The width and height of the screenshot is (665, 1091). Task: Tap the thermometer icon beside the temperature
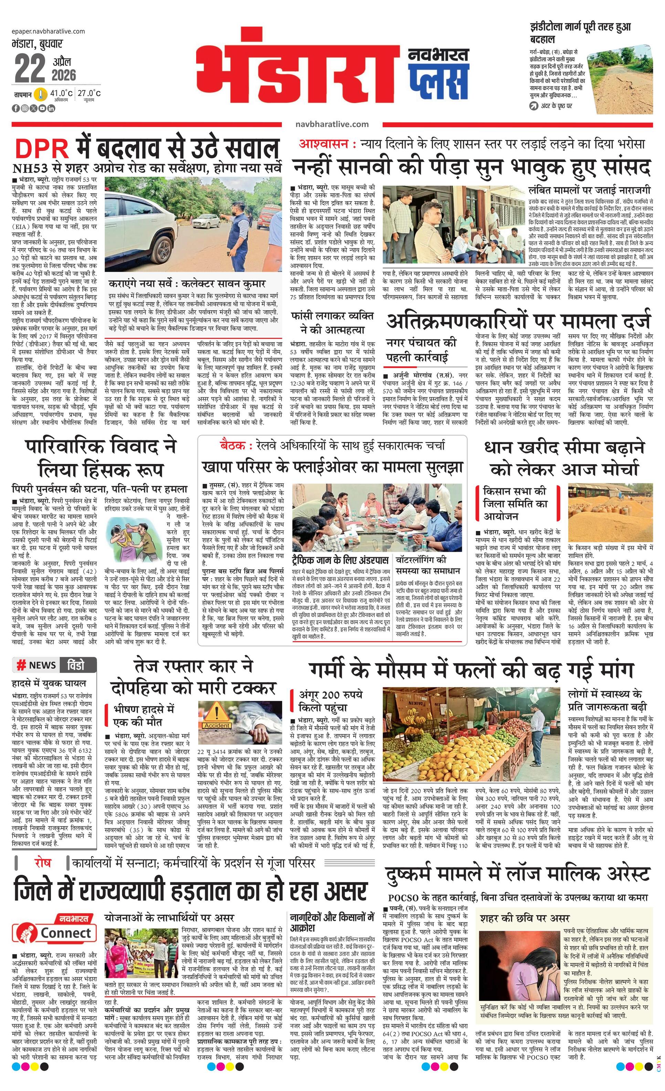pyautogui.click(x=41, y=94)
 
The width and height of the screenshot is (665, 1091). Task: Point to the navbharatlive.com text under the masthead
pyautogui.click(x=332, y=125)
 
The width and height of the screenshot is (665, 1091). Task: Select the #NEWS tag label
pyautogui.click(x=36, y=665)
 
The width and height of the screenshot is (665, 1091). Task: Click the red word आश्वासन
pyautogui.click(x=325, y=144)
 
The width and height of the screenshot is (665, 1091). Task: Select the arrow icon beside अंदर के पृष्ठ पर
pyautogui.click(x=533, y=106)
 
